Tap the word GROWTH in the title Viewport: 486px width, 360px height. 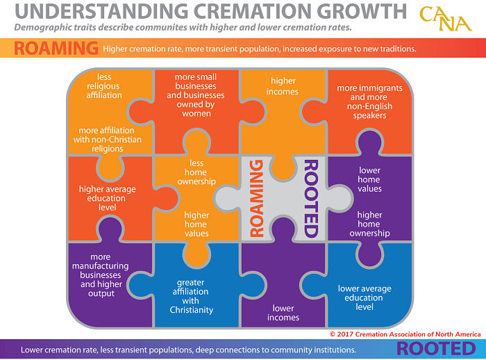click(x=362, y=11)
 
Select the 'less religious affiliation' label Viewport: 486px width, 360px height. click(x=104, y=86)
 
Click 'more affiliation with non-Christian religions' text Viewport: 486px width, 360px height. click(x=107, y=140)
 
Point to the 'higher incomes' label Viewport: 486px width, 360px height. click(x=283, y=86)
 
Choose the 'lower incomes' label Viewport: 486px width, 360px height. click(x=283, y=313)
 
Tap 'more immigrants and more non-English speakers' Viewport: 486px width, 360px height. click(x=369, y=101)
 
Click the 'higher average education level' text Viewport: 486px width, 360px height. click(x=107, y=198)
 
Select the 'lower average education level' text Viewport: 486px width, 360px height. click(x=364, y=298)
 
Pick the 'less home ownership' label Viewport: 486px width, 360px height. click(x=196, y=172)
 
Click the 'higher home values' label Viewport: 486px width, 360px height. click(x=196, y=224)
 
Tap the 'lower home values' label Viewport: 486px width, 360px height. click(x=369, y=179)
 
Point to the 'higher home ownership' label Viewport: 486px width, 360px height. click(x=369, y=224)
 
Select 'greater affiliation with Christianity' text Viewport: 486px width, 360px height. click(x=191, y=296)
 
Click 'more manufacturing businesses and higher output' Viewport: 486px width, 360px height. click(x=101, y=275)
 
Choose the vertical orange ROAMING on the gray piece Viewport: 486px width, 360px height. click(x=257, y=198)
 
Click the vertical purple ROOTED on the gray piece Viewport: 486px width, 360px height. click(x=311, y=199)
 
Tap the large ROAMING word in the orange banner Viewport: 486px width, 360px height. click(x=56, y=49)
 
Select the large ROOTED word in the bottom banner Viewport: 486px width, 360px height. click(x=436, y=349)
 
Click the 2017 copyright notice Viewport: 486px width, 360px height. click(x=405, y=334)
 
